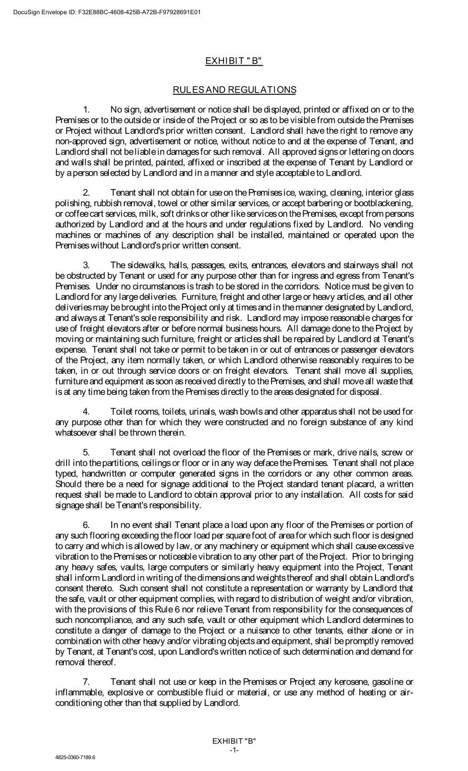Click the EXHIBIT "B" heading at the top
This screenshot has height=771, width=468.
click(x=234, y=61)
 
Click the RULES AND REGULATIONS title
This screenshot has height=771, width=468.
click(x=234, y=90)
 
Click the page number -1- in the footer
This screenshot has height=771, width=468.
click(x=234, y=750)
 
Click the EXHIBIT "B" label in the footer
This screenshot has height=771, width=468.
click(x=234, y=741)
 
